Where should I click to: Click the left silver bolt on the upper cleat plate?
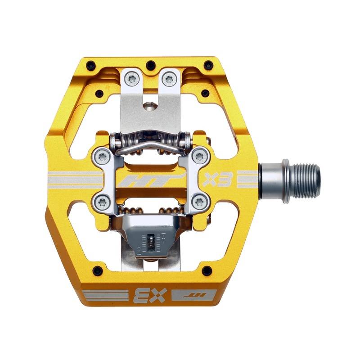(x=132, y=80)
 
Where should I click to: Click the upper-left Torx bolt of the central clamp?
(x=101, y=157)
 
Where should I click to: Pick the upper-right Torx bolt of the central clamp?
(x=199, y=157)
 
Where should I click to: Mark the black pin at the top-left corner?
(x=90, y=63)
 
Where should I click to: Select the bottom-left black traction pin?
(x=96, y=271)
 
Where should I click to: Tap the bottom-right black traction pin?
(x=207, y=271)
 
